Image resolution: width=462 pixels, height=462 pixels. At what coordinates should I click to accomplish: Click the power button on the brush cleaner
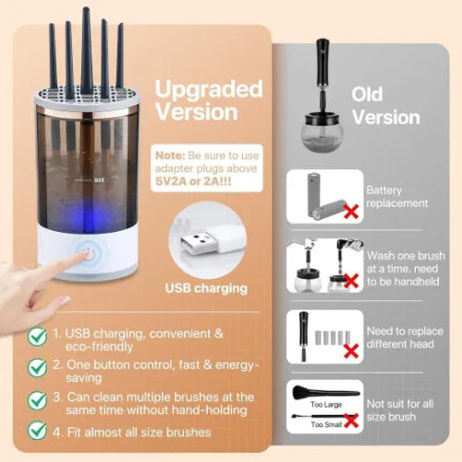(88, 254)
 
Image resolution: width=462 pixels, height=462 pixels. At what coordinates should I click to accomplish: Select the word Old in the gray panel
(367, 94)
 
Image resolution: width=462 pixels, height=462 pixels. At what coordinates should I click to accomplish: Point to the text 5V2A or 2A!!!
(193, 181)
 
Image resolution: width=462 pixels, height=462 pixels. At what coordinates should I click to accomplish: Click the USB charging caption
(206, 288)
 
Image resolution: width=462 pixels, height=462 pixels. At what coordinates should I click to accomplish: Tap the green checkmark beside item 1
(37, 336)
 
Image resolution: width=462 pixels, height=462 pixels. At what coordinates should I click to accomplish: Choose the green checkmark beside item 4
(37, 431)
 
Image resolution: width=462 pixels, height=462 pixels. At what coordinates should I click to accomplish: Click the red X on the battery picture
(351, 211)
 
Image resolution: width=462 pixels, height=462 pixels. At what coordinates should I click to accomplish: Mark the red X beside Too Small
(351, 420)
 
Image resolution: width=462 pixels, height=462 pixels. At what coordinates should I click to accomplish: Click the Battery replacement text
(397, 197)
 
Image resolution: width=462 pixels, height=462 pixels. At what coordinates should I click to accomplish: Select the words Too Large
(326, 404)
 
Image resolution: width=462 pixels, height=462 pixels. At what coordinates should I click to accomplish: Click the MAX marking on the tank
(99, 180)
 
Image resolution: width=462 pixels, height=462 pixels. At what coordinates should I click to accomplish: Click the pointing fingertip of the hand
(84, 256)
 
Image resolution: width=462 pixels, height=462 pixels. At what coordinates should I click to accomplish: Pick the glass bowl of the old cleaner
(322, 133)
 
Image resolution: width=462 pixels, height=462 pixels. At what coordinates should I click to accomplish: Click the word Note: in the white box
(170, 155)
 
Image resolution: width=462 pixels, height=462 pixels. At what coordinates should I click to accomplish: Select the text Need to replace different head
(405, 337)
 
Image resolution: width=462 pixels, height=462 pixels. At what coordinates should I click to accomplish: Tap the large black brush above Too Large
(325, 392)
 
